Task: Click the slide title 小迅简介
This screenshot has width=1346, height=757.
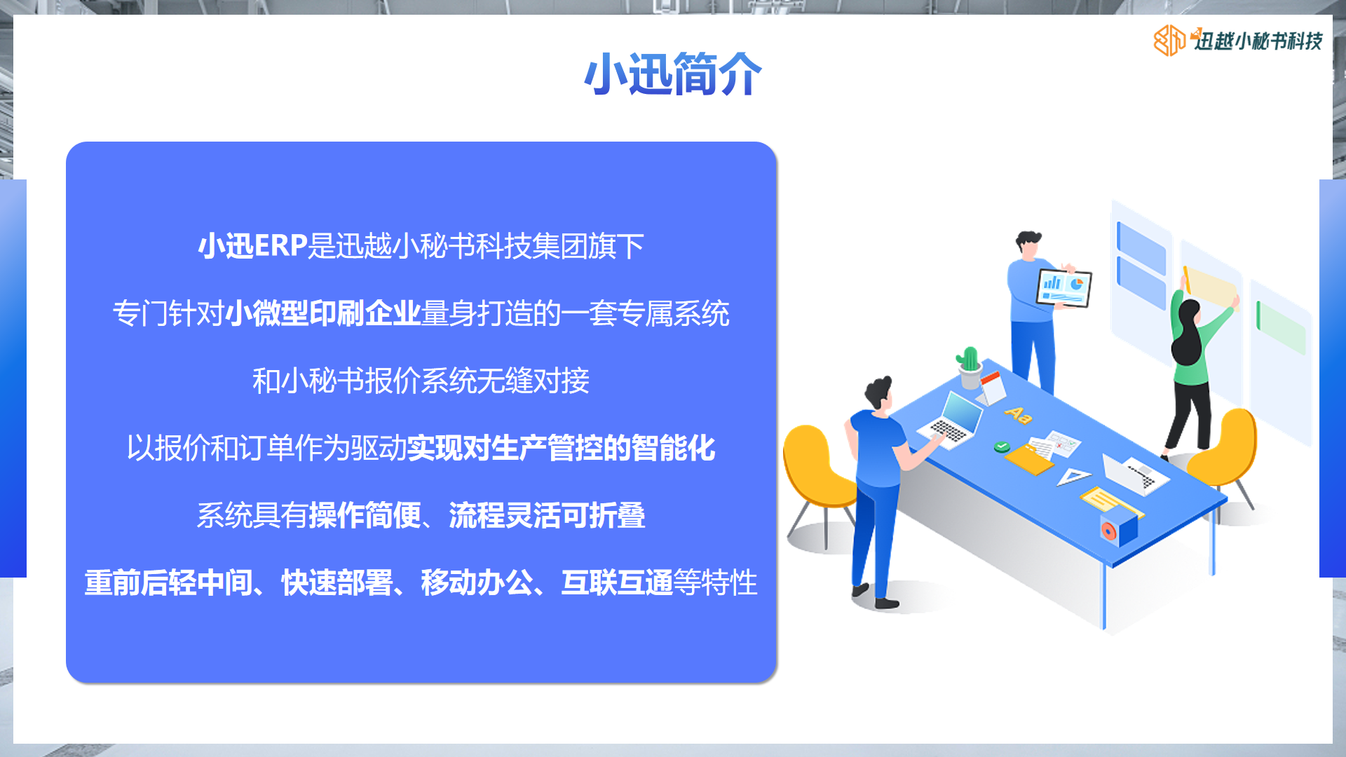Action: click(673, 74)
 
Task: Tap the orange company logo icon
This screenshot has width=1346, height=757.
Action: click(1169, 41)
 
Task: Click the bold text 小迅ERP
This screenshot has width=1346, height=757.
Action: click(253, 246)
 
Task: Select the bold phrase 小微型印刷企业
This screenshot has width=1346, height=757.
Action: click(323, 313)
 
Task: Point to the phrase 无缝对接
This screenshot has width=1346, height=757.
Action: click(533, 381)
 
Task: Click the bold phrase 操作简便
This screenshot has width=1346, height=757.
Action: click(365, 515)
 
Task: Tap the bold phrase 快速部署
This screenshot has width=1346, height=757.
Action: click(336, 582)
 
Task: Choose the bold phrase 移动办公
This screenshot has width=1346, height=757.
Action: click(477, 582)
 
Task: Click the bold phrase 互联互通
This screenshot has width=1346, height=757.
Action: click(617, 582)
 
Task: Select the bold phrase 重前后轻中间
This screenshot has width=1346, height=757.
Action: click(168, 582)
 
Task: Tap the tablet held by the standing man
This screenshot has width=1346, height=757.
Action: click(1064, 288)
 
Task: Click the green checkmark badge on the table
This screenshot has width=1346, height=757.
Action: click(1002, 446)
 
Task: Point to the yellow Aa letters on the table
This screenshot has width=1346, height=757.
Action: click(1018, 415)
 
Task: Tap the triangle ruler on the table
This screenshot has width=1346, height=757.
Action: click(1073, 477)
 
